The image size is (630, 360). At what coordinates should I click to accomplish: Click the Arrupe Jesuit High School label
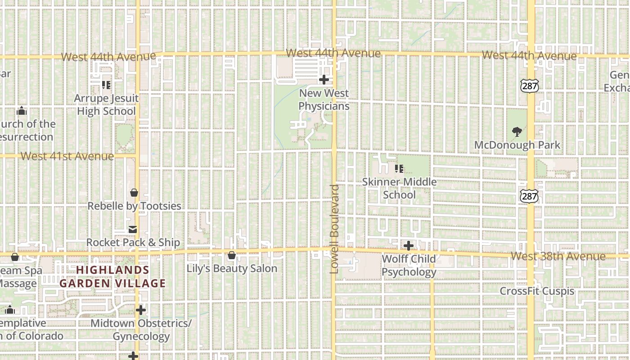pyautogui.click(x=106, y=104)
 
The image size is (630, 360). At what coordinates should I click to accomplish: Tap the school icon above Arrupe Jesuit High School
pyautogui.click(x=106, y=84)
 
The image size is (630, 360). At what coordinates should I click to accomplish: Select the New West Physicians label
pyautogui.click(x=324, y=99)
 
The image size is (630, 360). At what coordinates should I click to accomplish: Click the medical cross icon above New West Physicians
pyautogui.click(x=324, y=80)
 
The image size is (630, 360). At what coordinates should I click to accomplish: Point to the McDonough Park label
pyautogui.click(x=517, y=145)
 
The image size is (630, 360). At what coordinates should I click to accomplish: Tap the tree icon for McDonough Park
pyautogui.click(x=517, y=132)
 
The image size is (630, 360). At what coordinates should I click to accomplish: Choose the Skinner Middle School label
pyautogui.click(x=399, y=188)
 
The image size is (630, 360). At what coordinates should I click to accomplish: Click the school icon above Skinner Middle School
pyautogui.click(x=399, y=169)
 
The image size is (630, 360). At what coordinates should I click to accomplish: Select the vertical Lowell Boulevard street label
pyautogui.click(x=334, y=229)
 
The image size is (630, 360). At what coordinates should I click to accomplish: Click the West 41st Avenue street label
pyautogui.click(x=67, y=156)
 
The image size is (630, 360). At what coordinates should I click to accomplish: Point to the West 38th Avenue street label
pyautogui.click(x=558, y=256)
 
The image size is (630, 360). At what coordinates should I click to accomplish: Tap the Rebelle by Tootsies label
pyautogui.click(x=134, y=206)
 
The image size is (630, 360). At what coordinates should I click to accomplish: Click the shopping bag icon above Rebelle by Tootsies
pyautogui.click(x=134, y=193)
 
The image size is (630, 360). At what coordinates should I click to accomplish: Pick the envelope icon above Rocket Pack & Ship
pyautogui.click(x=133, y=229)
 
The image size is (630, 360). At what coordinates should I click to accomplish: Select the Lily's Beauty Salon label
pyautogui.click(x=232, y=269)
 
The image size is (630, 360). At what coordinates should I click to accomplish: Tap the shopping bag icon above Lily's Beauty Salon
pyautogui.click(x=232, y=256)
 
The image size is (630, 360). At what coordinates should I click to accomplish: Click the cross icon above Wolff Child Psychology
pyautogui.click(x=409, y=246)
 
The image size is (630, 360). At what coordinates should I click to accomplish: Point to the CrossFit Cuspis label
pyautogui.click(x=537, y=291)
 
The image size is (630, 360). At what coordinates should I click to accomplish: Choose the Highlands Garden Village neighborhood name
pyautogui.click(x=112, y=276)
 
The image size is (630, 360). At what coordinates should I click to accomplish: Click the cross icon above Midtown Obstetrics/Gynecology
pyautogui.click(x=141, y=310)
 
